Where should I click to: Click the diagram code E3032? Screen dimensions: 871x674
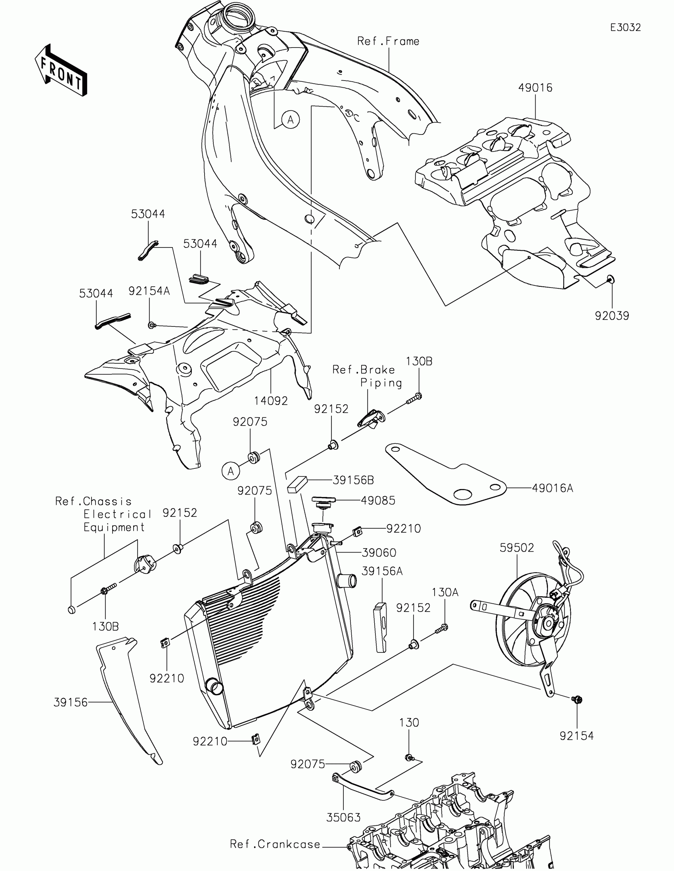tap(625, 27)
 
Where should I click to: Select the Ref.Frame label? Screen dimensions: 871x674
tap(388, 41)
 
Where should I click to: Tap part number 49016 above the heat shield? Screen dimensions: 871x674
tap(535, 88)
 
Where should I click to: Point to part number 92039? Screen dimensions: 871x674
tap(612, 316)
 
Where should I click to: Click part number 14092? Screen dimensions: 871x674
tap(271, 401)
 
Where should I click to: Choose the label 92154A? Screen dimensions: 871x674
tap(149, 291)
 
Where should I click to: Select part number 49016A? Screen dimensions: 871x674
tap(552, 488)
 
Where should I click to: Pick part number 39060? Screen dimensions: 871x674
tap(379, 553)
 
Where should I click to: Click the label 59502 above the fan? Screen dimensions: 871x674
tap(517, 548)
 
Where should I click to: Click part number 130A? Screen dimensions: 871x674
tap(445, 592)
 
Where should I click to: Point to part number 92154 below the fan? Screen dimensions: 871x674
tap(576, 736)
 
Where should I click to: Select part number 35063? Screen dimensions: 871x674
tap(343, 817)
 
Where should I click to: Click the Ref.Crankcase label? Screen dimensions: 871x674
tap(275, 844)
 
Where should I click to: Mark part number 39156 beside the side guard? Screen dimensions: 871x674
tap(71, 702)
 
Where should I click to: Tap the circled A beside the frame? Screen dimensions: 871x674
tap(290, 119)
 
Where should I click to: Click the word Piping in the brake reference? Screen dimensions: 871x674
tap(381, 382)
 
